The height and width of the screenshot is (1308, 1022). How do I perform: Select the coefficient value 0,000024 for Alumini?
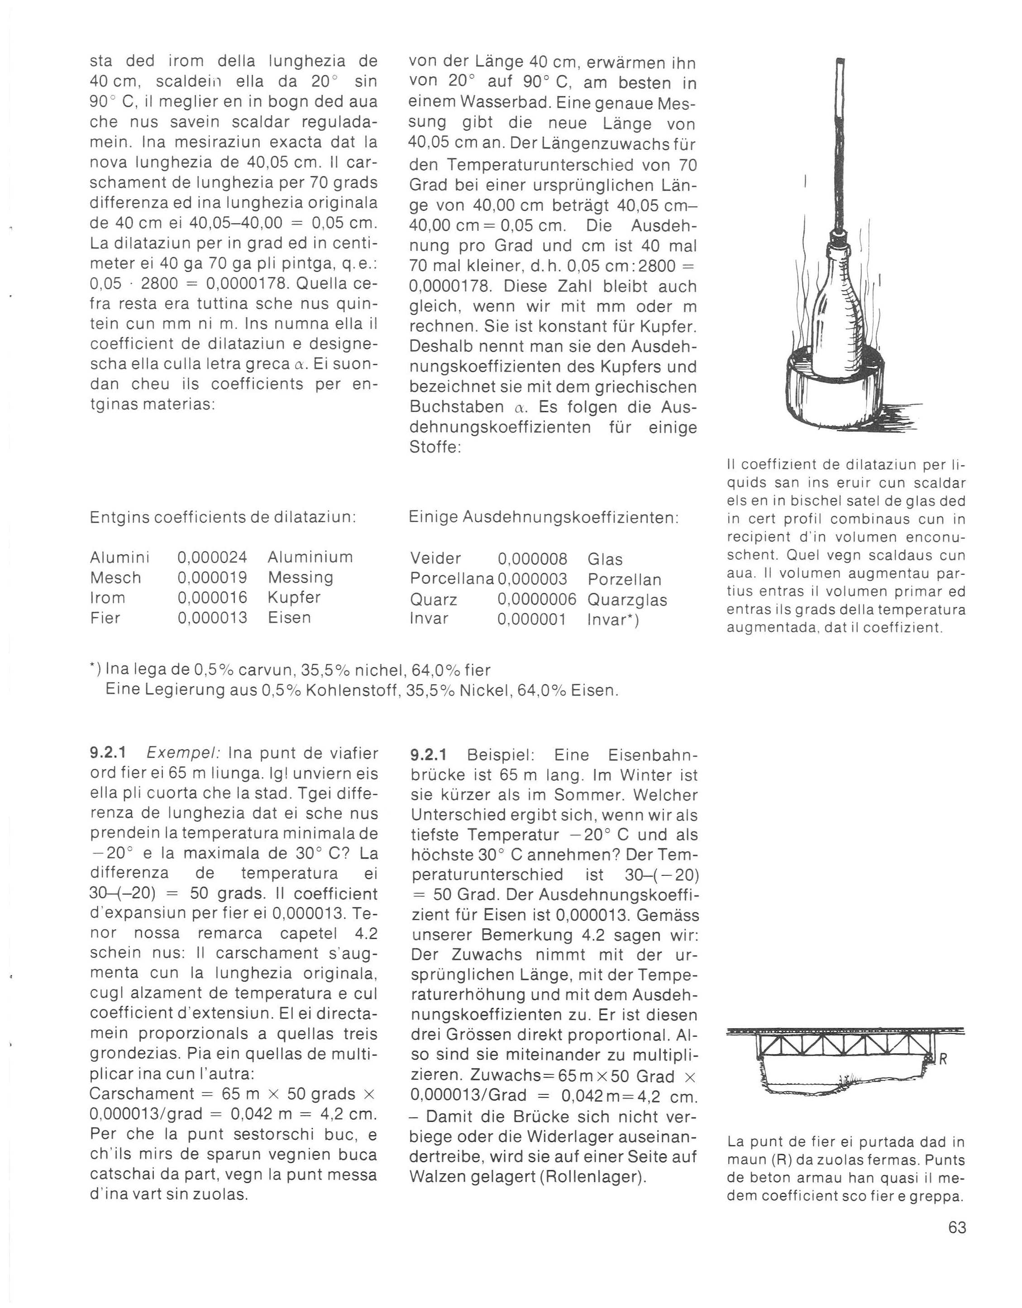212,558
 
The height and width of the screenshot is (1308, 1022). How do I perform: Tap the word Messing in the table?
300,578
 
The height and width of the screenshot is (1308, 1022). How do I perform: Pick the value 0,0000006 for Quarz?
537,600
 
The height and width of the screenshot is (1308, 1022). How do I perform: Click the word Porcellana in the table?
452,579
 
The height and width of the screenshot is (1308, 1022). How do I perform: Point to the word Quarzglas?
627,600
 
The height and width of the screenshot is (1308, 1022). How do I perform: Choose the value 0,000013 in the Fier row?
212,617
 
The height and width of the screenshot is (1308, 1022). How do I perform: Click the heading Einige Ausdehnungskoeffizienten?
543,517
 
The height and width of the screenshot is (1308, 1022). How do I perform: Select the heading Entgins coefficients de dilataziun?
223,517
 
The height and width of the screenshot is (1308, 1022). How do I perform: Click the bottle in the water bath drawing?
837,311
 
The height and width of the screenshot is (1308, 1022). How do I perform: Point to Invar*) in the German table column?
613,620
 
